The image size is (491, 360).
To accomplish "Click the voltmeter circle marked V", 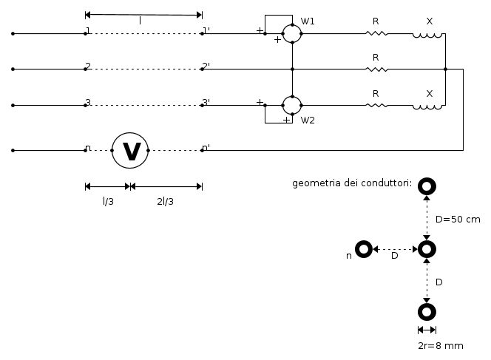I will pos(131,150).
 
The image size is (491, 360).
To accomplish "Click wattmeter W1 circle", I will pos(292,33).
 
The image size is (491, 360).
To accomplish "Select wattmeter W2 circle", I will pos(292,105).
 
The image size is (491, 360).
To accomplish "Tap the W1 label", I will pos(308,21).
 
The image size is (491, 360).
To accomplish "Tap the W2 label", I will pos(308,120).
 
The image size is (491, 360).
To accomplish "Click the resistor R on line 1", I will pos(376,33).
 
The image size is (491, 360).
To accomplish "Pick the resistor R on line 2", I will pos(376,69).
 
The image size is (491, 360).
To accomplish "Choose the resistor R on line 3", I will pos(376,105).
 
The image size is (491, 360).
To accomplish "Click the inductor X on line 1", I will pos(428,33).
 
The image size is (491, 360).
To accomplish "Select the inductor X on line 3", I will pos(428,106).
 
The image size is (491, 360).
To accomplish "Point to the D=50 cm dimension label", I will pos(457,219).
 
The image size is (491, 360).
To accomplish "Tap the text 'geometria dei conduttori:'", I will pos(352,183).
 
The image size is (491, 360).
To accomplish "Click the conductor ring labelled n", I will pos(363,250).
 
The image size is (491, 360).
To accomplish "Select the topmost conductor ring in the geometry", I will pos(427,187).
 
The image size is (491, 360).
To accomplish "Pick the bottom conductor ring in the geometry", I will pos(427,311).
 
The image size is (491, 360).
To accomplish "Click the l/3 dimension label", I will pos(108,200).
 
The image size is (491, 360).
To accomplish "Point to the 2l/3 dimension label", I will pos(165,200).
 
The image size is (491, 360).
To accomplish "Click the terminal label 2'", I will pos(206,67).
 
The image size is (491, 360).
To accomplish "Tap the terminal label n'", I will pos(206,147).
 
